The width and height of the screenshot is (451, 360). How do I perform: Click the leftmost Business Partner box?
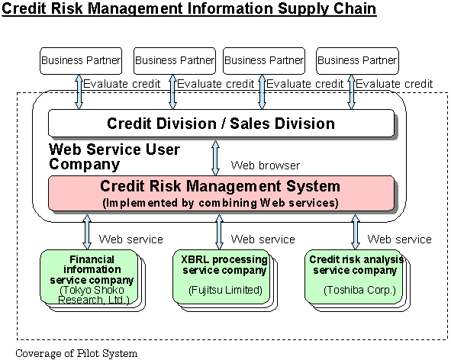tap(81, 61)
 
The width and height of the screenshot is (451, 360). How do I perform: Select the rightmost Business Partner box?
tap(357, 61)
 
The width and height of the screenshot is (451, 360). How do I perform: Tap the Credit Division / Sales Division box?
tap(221, 123)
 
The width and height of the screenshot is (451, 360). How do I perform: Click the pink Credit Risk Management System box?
tap(221, 193)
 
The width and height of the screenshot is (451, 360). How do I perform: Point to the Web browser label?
tap(266, 166)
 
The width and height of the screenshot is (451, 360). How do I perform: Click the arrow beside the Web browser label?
tap(215, 158)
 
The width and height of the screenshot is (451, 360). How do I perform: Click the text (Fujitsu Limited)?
tap(226, 290)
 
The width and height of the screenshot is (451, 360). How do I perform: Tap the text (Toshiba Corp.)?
tap(360, 290)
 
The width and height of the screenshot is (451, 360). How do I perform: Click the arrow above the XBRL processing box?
tap(220, 232)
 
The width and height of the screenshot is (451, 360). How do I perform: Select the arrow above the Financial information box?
tap(87, 232)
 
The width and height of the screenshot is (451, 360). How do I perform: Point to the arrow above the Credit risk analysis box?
tap(356, 232)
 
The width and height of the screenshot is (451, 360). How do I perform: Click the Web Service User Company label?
tap(114, 157)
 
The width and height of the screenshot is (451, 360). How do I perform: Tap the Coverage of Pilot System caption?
tap(76, 353)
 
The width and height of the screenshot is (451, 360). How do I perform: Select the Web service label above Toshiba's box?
tap(400, 239)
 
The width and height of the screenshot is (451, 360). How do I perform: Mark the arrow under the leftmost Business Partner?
tap(79, 92)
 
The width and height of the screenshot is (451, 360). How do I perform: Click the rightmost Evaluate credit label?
tap(394, 84)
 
